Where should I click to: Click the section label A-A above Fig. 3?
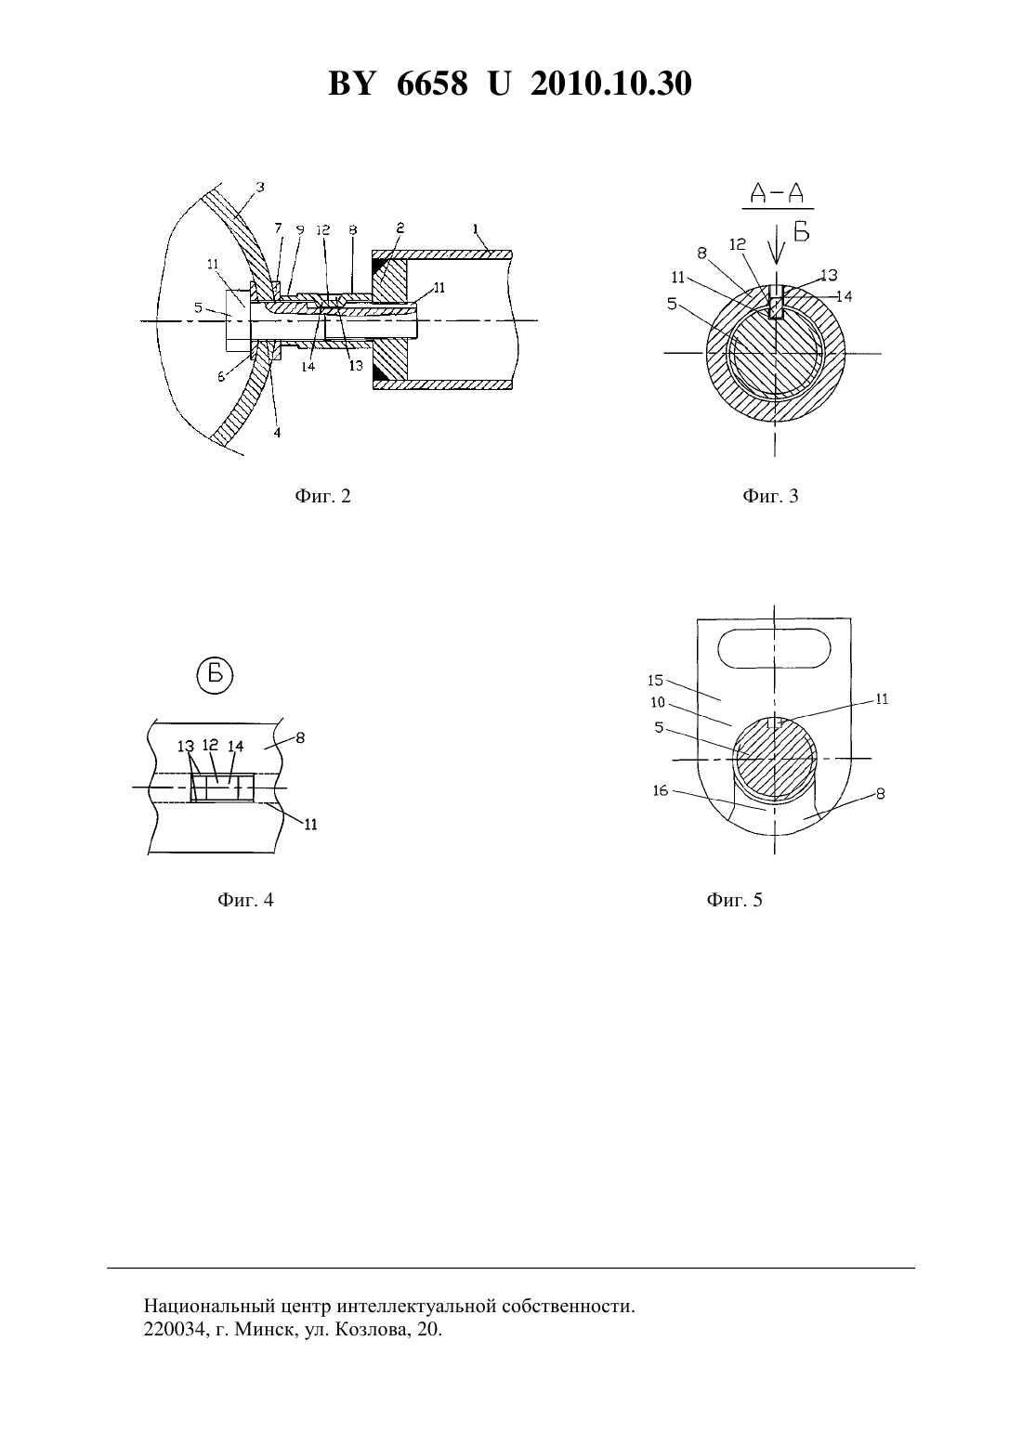point(778,193)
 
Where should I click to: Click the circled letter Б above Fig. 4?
point(215,675)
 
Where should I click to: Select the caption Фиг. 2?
point(322,496)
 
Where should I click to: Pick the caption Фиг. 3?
point(770,496)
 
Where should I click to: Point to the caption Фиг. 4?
point(245,900)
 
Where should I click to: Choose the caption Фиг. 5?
point(734,900)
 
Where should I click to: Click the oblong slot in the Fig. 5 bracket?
point(774,650)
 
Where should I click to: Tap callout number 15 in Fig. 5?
point(656,680)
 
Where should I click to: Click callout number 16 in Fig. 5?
point(660,791)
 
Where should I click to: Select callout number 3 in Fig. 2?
point(260,187)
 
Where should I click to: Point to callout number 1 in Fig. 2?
point(476,228)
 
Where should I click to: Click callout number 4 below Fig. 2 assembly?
point(278,433)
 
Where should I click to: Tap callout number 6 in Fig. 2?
point(221,377)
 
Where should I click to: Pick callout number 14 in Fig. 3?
point(844,296)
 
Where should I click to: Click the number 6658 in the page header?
point(432,84)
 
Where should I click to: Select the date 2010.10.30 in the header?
point(611,84)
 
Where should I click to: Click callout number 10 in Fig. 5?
point(658,702)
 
